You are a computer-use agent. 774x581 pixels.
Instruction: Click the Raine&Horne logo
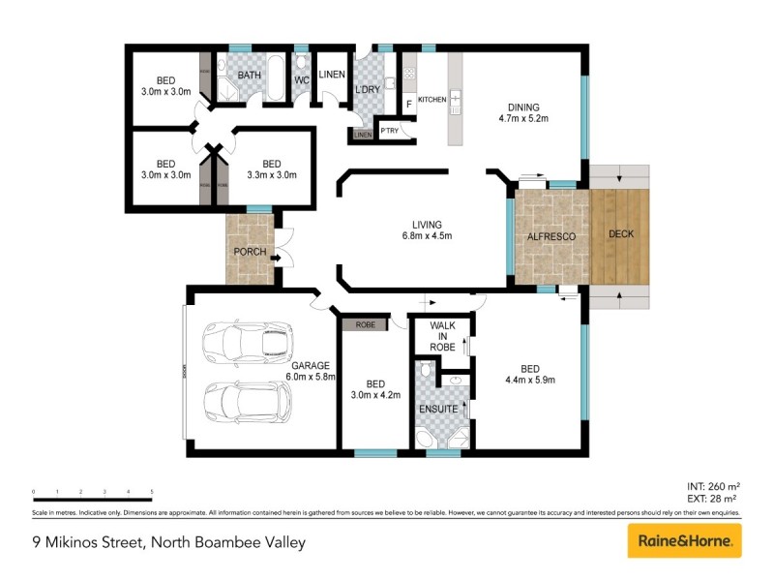[x=684, y=540]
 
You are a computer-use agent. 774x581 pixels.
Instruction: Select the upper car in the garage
[x=235, y=342]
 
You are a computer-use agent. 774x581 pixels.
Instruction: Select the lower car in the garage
[x=247, y=401]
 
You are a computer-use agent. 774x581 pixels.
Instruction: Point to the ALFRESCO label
[x=551, y=235]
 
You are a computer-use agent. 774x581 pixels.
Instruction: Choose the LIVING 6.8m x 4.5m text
[x=427, y=229]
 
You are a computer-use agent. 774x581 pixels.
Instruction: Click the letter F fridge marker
[x=409, y=103]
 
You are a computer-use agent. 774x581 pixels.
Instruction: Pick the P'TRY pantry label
[x=390, y=131]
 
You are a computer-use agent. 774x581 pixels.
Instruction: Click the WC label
[x=301, y=80]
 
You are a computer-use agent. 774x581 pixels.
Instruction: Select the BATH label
[x=250, y=75]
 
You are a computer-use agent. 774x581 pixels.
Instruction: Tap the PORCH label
[x=250, y=252]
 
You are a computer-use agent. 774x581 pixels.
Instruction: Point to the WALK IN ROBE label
[x=442, y=335]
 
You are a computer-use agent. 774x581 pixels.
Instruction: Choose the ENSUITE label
[x=437, y=409]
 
